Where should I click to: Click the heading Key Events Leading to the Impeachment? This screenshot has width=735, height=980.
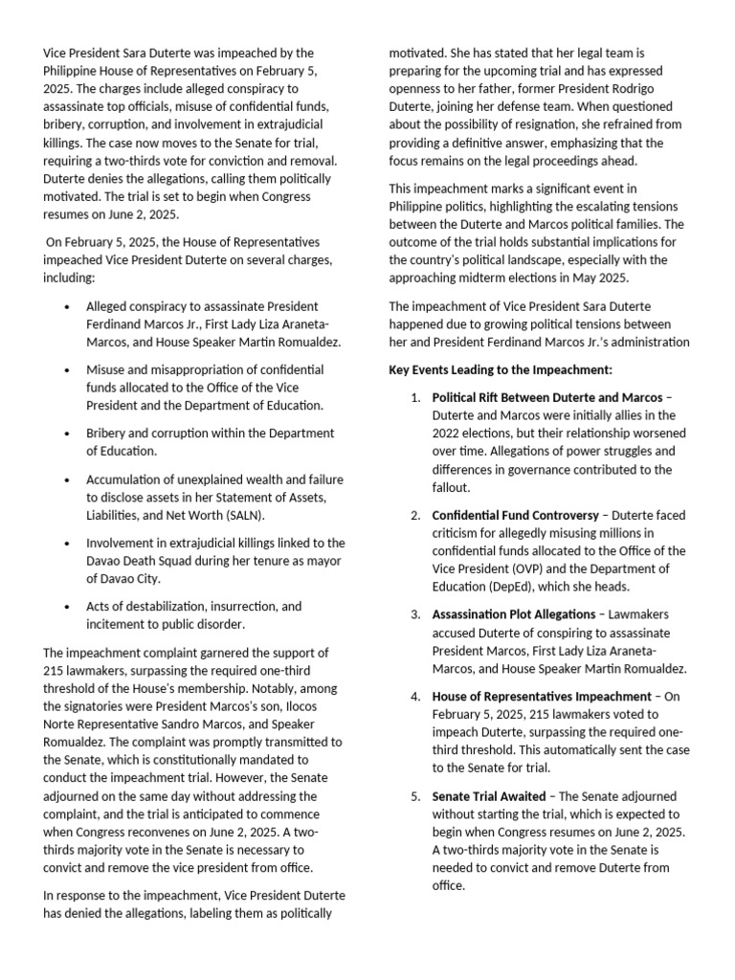click(501, 369)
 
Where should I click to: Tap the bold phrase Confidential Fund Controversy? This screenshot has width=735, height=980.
click(516, 515)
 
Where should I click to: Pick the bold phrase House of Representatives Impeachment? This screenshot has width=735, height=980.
click(541, 696)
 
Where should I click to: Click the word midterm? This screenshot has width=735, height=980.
click(503, 278)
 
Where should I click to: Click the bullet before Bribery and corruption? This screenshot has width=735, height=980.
click(65, 433)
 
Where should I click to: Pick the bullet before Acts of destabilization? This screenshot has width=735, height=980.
click(65, 607)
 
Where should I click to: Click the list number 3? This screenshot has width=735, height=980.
click(415, 614)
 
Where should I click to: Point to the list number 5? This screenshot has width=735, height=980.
click(415, 796)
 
